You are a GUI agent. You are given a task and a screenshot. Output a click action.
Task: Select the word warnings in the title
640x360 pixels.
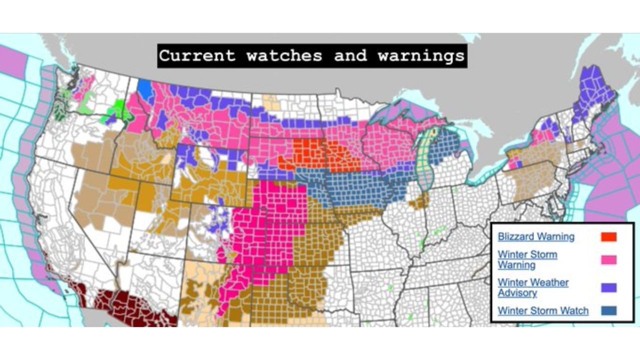tap(421, 55)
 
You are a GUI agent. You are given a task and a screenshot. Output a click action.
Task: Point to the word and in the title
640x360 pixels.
tap(350, 55)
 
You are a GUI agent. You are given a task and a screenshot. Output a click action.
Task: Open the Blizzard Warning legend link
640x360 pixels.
tap(536, 236)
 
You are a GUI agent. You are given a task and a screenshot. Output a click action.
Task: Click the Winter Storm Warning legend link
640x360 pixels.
tap(527, 259)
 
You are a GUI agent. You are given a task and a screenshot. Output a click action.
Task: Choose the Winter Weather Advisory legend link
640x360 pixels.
tap(533, 287)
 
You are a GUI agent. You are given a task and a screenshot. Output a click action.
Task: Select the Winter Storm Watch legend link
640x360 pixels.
tap(543, 311)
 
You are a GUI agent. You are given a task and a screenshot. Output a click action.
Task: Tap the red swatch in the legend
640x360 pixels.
tap(608, 236)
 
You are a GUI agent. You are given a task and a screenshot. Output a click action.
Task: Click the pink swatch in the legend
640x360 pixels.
tap(608, 259)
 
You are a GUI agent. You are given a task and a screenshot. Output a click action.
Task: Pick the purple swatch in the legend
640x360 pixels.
tap(608, 287)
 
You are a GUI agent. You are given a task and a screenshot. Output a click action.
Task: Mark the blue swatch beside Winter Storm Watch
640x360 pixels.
tap(608, 311)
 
